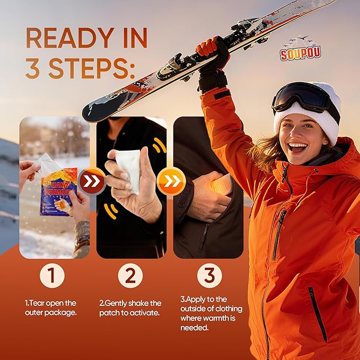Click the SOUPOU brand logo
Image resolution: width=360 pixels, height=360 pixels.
click(x=300, y=49)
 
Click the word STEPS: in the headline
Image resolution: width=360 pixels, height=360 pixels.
click(x=92, y=68)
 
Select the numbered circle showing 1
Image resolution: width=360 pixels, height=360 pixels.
click(x=52, y=276)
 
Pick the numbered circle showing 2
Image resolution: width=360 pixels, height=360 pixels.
click(x=130, y=276)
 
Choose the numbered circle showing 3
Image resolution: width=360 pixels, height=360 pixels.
click(x=209, y=276)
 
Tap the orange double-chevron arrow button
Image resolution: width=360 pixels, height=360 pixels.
click(x=171, y=181)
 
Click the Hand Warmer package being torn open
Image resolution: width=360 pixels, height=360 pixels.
click(x=59, y=191)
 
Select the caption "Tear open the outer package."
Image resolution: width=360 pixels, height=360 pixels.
click(x=50, y=308)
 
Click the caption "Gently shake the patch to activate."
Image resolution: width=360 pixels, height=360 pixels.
click(x=130, y=308)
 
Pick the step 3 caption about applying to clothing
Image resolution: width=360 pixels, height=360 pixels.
click(x=211, y=313)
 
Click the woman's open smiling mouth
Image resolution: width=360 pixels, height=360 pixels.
click(x=298, y=147)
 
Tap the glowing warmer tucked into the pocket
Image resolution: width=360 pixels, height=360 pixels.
click(x=221, y=184)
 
